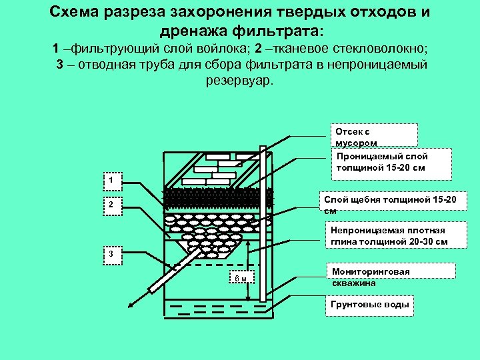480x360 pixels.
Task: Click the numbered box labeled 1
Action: coord(113,180)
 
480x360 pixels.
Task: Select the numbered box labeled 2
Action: coord(113,205)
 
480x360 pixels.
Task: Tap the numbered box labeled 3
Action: coord(113,255)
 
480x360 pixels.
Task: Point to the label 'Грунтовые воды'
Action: coord(369,305)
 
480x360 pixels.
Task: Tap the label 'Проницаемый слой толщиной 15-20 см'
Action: coord(391,162)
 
